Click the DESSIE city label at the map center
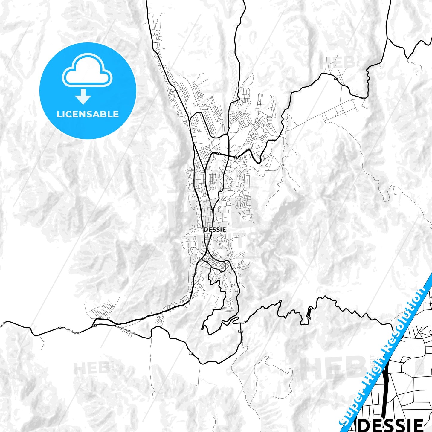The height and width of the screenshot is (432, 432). click(215, 230)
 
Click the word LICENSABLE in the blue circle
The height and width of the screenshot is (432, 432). click(88, 114)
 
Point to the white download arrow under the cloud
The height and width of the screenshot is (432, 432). click(83, 97)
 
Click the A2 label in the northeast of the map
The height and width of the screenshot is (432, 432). click(336, 78)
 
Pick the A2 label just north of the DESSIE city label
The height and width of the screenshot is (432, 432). click(212, 208)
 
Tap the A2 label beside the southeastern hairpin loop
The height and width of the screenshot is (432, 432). click(309, 319)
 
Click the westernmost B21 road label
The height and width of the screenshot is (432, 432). click(95, 326)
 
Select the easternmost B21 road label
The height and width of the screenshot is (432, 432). click(241, 331)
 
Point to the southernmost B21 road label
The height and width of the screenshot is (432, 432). click(191, 353)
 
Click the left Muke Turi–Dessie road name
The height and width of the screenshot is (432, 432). click(68, 330)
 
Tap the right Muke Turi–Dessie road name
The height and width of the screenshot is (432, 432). click(125, 329)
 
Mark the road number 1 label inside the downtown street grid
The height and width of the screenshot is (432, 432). click(207, 262)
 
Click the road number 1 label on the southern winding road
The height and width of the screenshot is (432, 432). click(220, 328)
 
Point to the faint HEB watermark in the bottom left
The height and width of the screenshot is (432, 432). click(91, 368)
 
